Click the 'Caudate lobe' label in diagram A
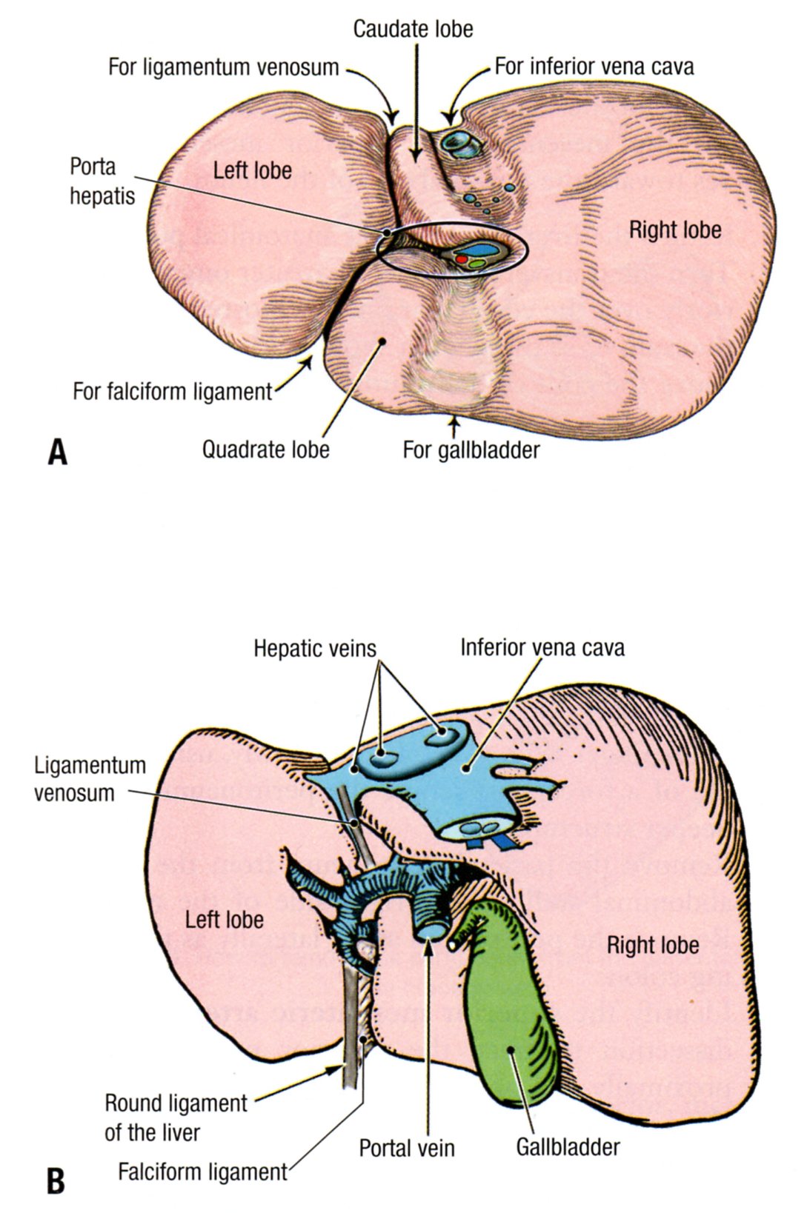pyautogui.click(x=413, y=30)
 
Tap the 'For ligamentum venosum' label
pyautogui.click(x=223, y=67)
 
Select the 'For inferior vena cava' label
pyautogui.click(x=594, y=67)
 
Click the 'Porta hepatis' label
pyautogui.click(x=102, y=181)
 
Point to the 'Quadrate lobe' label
pyautogui.click(x=265, y=449)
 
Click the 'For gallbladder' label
pyautogui.click(x=471, y=449)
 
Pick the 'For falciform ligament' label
pyautogui.click(x=173, y=391)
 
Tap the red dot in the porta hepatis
pyautogui.click(x=462, y=260)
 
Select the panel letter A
pyautogui.click(x=57, y=452)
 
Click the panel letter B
pyautogui.click(x=56, y=1181)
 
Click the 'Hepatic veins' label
pyautogui.click(x=315, y=649)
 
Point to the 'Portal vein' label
pyautogui.click(x=407, y=1148)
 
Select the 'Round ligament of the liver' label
pyautogui.click(x=175, y=1117)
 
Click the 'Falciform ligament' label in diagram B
pyautogui.click(x=202, y=1172)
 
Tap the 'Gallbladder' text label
pyautogui.click(x=568, y=1147)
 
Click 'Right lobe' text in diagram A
pyautogui.click(x=675, y=230)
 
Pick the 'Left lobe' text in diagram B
pyautogui.click(x=224, y=920)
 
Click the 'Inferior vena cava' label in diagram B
pyautogui.click(x=542, y=647)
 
